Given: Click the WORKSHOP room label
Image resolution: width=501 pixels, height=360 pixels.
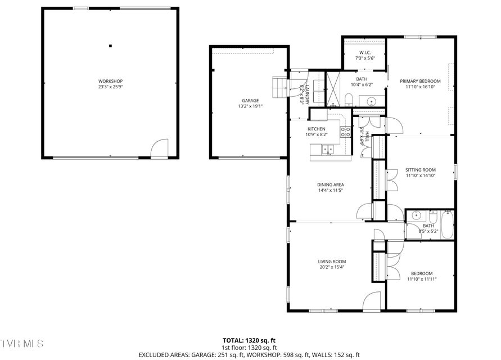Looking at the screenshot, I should point(110,81).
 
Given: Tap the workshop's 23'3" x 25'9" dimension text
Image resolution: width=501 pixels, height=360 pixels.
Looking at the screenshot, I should point(110,87).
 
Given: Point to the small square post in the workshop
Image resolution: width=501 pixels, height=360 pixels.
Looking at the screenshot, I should point(111,46).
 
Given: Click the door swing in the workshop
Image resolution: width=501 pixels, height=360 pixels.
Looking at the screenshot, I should point(160,149).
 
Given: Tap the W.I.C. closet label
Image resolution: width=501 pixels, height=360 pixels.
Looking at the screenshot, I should point(364,53).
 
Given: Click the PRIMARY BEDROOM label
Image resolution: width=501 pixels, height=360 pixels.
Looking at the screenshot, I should point(420,81).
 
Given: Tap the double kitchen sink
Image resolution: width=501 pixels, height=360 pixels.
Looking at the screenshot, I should point(326,149).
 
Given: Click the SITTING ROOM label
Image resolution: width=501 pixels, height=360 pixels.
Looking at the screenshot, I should point(421,169).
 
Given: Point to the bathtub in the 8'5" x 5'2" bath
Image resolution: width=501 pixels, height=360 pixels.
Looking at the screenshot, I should point(448,223).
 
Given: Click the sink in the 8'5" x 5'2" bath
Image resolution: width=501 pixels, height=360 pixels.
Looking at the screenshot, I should point(416,215).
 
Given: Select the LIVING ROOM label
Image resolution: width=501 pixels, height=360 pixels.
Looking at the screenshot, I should point(332,261).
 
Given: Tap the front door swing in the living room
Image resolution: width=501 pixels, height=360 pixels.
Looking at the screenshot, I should point(372,302).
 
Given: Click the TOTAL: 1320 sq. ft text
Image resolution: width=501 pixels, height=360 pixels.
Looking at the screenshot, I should point(250,340).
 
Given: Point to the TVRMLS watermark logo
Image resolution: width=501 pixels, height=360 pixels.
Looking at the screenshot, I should point(22,343).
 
